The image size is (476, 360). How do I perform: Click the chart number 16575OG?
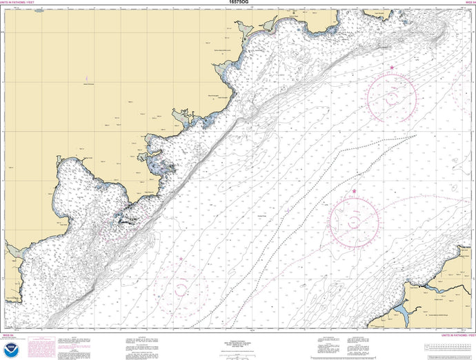(237, 3)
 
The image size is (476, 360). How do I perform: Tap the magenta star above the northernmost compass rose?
(392, 68)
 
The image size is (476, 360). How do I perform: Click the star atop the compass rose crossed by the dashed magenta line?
(355, 192)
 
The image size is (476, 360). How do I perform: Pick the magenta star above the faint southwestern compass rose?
(181, 259)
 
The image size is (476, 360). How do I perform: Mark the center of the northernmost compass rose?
(391, 98)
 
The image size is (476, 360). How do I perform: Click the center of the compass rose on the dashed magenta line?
(354, 221)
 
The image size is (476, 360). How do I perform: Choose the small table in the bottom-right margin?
(448, 346)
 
